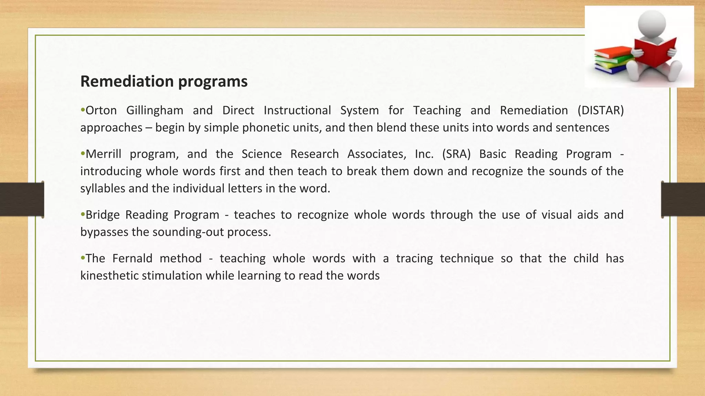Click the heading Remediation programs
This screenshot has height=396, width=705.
(164, 81)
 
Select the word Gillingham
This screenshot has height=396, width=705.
(155, 110)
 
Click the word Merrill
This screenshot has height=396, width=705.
(103, 154)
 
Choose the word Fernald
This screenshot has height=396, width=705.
(132, 258)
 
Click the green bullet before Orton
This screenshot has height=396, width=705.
(83, 110)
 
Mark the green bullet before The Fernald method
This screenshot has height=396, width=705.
(83, 258)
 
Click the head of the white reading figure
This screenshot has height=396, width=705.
(651, 23)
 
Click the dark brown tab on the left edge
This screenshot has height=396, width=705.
(22, 199)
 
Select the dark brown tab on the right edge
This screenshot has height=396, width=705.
(683, 199)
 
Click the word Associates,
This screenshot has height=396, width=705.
(377, 154)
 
